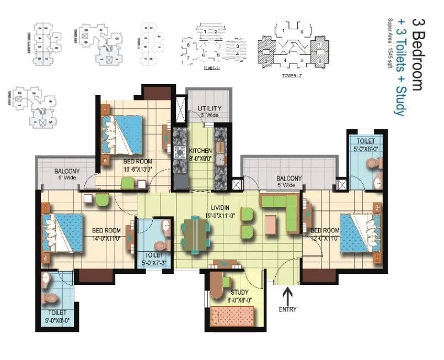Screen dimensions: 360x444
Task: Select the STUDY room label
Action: (239, 292)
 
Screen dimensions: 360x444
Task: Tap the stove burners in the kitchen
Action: (180, 152)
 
